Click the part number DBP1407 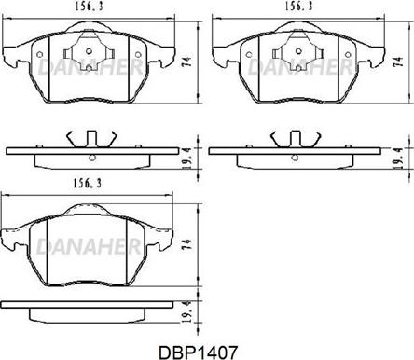[x=198, y=353]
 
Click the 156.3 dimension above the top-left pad [x=89, y=7]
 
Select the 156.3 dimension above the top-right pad [x=298, y=7]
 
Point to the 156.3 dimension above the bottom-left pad [x=88, y=184]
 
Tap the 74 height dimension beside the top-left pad [x=187, y=62]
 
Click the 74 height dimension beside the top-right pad [x=398, y=62]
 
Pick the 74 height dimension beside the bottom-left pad [x=186, y=244]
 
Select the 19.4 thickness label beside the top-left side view [x=186, y=159]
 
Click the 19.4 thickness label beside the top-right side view [x=397, y=159]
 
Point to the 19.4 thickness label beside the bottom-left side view [x=186, y=312]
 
